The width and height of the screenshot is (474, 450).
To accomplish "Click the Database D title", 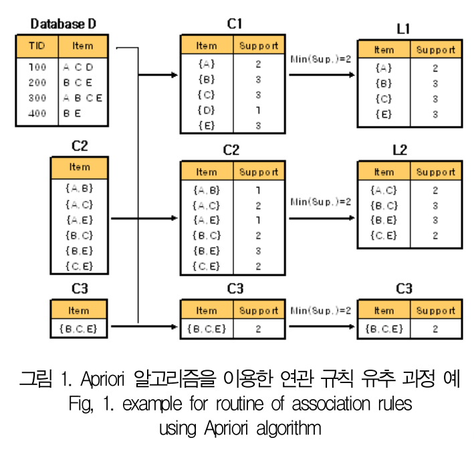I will pos(64,24).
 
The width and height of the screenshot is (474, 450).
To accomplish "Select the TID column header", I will pos(37,46).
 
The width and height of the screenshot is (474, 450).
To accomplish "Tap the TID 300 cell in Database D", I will pos(37,98).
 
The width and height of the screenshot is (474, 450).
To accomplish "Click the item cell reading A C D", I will pos(78,67).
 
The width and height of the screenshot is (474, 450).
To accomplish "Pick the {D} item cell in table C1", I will pos(207,110).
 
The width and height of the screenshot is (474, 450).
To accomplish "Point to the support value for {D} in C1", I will pos(258,110).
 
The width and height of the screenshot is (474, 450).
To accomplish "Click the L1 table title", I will pos(403,28).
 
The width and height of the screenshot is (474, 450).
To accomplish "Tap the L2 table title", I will pos(400,150).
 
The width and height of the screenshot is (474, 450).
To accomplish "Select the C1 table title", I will pos(234,24).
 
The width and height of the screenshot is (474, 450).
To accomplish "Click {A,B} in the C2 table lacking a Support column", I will pos(79,189).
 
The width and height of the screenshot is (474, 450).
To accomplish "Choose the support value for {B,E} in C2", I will pos(258,250).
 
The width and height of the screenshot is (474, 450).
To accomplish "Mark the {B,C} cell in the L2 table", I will pos(384,206).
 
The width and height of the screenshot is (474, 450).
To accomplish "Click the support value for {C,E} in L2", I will pos(435,236).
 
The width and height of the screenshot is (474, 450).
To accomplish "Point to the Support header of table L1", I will pos(435,50).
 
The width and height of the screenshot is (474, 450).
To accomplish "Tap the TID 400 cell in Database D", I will pos(37,113).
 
